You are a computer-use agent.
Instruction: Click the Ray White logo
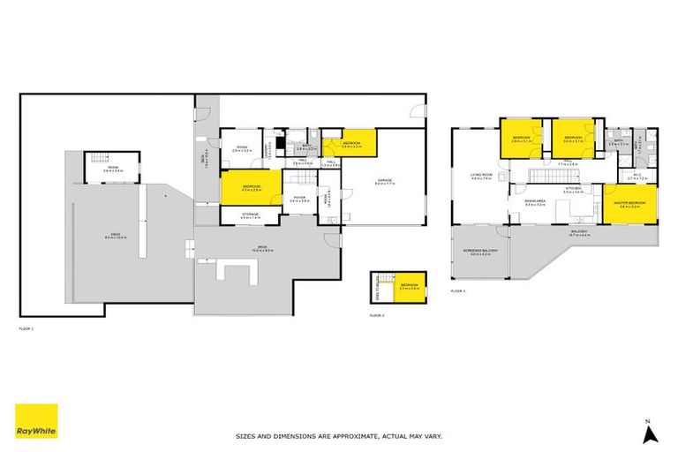[x=36, y=421]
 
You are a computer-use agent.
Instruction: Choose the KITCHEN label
[x=572, y=189]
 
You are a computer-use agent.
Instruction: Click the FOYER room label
[x=299, y=199]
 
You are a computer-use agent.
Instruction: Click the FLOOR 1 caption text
[x=26, y=328]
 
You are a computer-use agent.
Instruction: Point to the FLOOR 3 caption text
[x=457, y=290]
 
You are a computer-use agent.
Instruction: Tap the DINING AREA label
[x=536, y=202]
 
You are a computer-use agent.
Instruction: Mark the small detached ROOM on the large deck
[x=114, y=167]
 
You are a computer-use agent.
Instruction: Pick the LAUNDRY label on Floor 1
[x=268, y=151]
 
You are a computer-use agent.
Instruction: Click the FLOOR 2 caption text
[x=377, y=314]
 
